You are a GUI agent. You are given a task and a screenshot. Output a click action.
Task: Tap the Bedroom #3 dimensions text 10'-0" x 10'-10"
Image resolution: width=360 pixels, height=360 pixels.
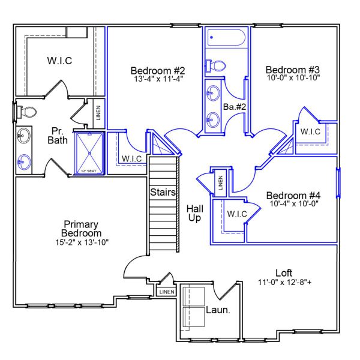pyautogui.click(x=293, y=77)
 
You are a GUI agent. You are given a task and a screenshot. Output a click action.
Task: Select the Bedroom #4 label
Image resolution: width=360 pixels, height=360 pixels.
pyautogui.click(x=293, y=196)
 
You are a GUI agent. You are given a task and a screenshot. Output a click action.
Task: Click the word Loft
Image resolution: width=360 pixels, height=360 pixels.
pyautogui.click(x=284, y=272)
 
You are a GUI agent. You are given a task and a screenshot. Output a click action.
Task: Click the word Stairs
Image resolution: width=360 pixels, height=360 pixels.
pyautogui.click(x=163, y=193)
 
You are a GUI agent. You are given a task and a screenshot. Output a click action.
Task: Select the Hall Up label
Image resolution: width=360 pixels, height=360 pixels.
pyautogui.click(x=194, y=212)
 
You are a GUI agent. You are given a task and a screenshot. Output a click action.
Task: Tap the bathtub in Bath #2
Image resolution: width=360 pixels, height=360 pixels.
pyautogui.click(x=226, y=38)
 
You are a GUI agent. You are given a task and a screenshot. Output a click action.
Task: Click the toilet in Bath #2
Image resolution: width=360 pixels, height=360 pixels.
pyautogui.click(x=217, y=65)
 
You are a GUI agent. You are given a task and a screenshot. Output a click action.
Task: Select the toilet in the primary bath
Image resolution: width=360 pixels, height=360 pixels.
pyautogui.click(x=26, y=111)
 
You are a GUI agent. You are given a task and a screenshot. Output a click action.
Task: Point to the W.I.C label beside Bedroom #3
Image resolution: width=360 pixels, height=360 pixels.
pyautogui.click(x=310, y=131)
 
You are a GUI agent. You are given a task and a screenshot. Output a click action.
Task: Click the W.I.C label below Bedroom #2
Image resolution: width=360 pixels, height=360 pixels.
pyautogui.click(x=131, y=158)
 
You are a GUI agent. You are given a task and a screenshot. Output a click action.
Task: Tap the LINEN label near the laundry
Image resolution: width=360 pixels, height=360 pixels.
pyautogui.click(x=166, y=292)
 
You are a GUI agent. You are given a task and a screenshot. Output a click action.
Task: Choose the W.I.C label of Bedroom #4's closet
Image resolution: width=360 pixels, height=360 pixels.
pyautogui.click(x=238, y=214)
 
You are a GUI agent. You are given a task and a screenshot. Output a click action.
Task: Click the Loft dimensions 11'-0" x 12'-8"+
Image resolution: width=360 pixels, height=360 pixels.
pyautogui.click(x=284, y=281)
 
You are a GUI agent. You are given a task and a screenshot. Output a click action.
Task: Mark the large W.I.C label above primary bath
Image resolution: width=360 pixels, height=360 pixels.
pyautogui.click(x=59, y=61)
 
